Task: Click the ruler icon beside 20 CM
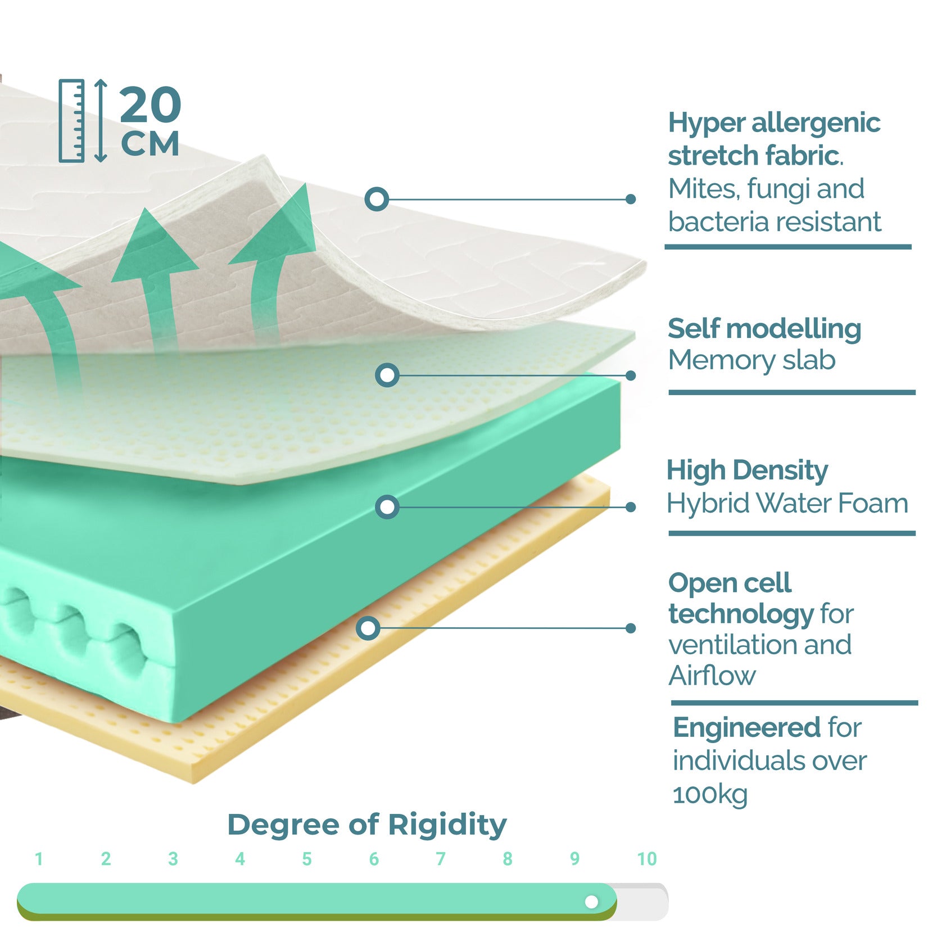[x=71, y=121]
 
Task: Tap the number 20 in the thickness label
[x=150, y=105]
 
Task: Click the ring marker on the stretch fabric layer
[x=377, y=199]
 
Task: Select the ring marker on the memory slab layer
[x=387, y=375]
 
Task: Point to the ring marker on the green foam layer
[x=387, y=507]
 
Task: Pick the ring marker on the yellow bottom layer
[x=368, y=628]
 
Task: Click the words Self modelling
[x=764, y=329]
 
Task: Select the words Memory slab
[x=752, y=360]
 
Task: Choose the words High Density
[x=747, y=470]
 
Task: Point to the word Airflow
[x=712, y=676]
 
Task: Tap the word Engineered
[x=746, y=728]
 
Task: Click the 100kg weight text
[x=710, y=794]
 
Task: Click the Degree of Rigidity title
[x=366, y=825]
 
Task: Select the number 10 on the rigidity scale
[x=646, y=858]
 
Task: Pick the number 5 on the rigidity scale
[x=306, y=859]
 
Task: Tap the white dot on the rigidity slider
[x=591, y=902]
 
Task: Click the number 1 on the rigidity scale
[x=39, y=859]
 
